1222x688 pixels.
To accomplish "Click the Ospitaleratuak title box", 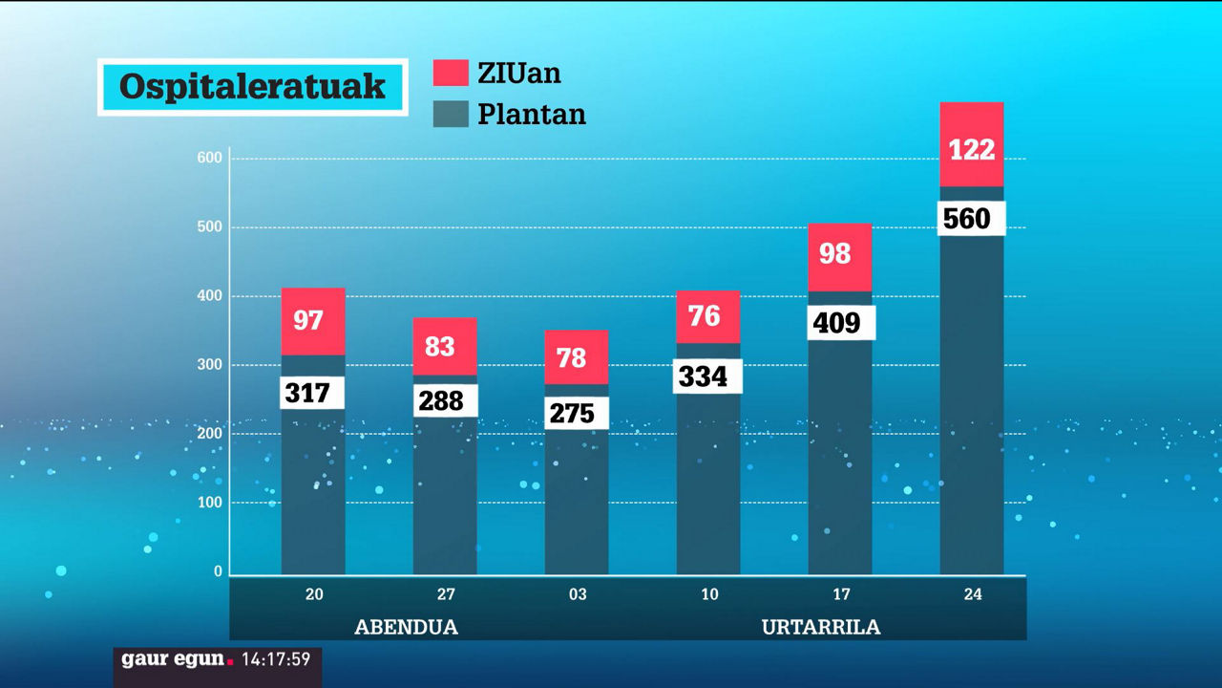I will tap(252, 87).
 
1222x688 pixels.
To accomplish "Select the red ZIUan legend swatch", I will tap(451, 74).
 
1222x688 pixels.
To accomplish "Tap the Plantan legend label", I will tap(531, 115).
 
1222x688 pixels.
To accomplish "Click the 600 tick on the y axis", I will tap(211, 158).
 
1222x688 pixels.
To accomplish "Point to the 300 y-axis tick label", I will tap(211, 365).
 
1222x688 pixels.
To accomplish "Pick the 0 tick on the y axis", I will tap(218, 571).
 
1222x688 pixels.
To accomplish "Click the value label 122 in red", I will tap(972, 150).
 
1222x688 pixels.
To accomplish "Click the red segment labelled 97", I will tap(312, 320).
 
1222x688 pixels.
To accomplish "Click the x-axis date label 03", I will tap(578, 594).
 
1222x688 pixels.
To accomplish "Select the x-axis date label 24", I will tap(972, 594).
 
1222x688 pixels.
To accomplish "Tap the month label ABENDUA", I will tap(406, 628).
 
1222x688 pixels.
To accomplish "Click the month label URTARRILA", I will tap(821, 628).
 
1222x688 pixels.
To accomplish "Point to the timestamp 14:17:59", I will tap(276, 659).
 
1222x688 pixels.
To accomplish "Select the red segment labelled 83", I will tap(445, 346).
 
